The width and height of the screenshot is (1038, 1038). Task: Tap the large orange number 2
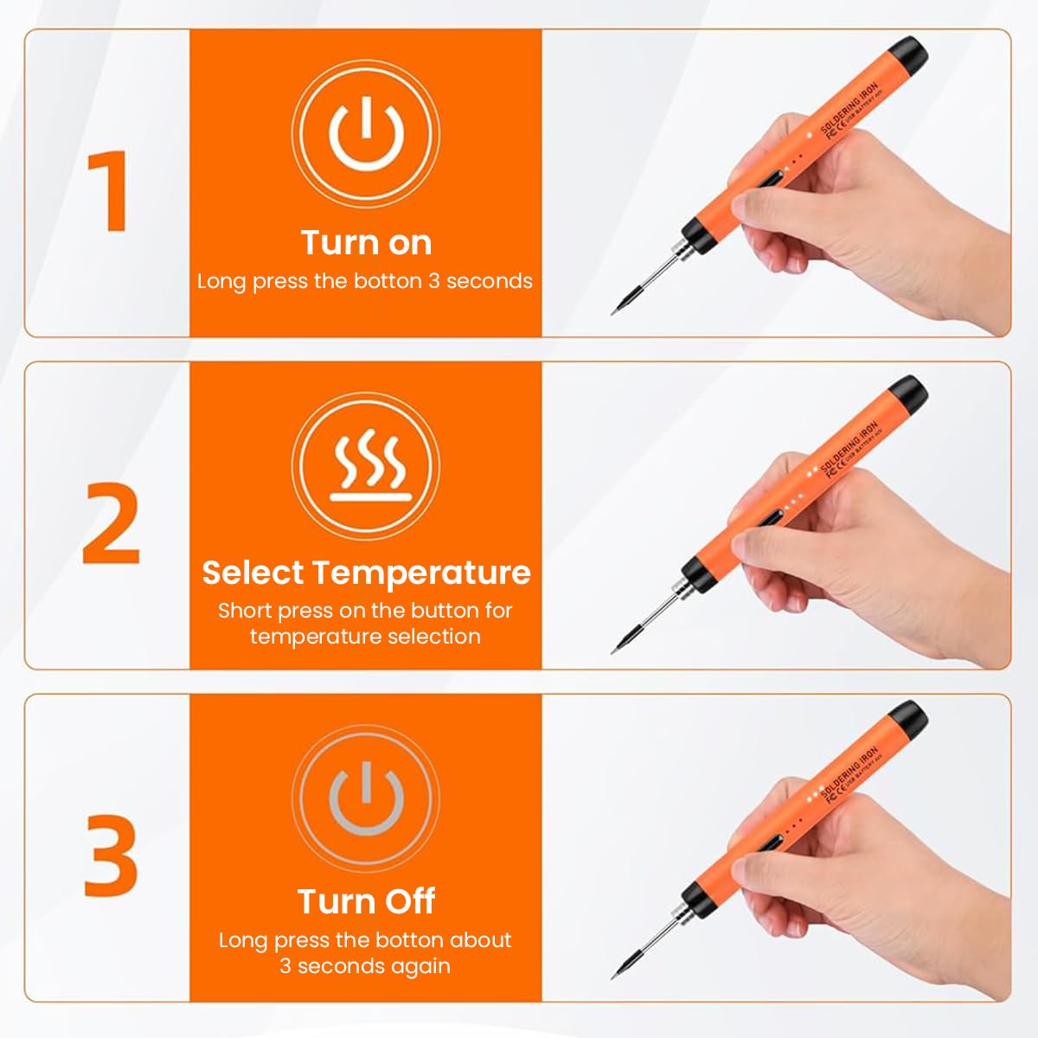point(112,522)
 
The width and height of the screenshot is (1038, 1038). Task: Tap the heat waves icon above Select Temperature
point(366,467)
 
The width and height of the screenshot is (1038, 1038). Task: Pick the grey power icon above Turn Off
point(366,798)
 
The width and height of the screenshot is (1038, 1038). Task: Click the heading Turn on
point(366,243)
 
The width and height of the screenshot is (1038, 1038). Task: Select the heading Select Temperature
point(366,573)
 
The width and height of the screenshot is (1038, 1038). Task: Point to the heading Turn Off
point(366,901)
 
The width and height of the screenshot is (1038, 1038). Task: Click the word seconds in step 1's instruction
point(490,281)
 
